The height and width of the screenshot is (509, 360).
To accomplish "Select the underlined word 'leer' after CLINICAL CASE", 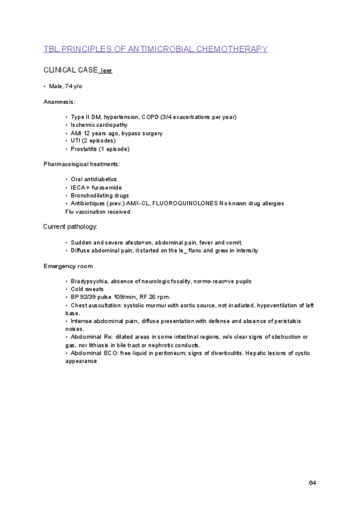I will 106,71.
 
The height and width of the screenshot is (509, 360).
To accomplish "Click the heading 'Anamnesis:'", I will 59,102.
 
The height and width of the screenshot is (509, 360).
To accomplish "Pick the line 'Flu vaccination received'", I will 97,211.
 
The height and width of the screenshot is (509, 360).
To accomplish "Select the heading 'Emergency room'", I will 68,266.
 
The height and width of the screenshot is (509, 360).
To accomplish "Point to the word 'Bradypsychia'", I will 88,282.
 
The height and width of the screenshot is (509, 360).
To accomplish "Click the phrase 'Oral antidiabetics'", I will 94,179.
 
